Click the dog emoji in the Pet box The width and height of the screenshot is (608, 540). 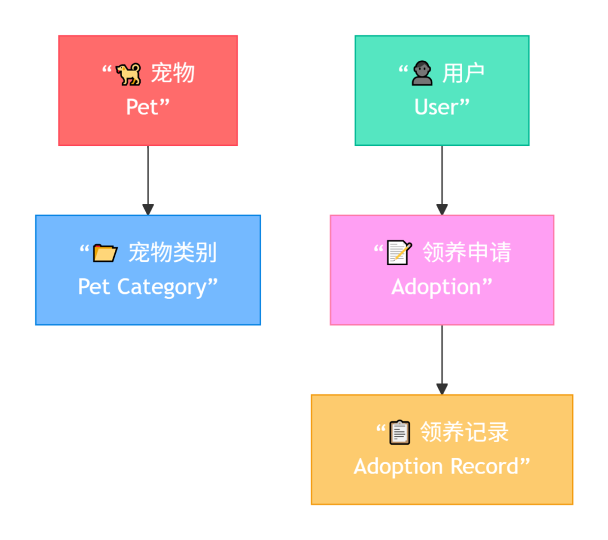pyautogui.click(x=128, y=74)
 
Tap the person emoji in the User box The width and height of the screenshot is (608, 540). pyautogui.click(x=422, y=74)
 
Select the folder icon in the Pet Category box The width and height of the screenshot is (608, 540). pyautogui.click(x=105, y=253)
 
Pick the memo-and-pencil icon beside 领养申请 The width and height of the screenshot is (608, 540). pyautogui.click(x=399, y=253)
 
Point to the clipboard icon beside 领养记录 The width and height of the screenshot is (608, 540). pyautogui.click(x=399, y=433)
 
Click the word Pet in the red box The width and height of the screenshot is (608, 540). pyautogui.click(x=142, y=107)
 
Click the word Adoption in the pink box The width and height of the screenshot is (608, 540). pyautogui.click(x=436, y=287)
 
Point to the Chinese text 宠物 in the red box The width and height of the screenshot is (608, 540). pyautogui.click(x=172, y=74)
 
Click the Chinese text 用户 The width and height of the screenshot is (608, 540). pyautogui.click(x=463, y=74)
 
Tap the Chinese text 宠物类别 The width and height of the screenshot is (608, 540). pyautogui.click(x=172, y=253)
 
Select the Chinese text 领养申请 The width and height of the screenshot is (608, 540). pyautogui.click(x=466, y=253)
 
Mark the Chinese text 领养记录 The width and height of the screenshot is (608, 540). pyautogui.click(x=464, y=433)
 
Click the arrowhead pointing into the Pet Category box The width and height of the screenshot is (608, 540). pyautogui.click(x=148, y=209)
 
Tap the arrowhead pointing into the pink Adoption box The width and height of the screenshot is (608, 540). pyautogui.click(x=442, y=209)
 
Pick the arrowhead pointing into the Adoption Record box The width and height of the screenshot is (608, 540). pyautogui.click(x=442, y=389)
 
